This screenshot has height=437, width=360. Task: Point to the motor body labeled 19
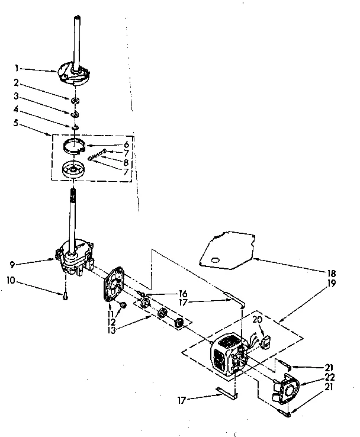click(228, 355)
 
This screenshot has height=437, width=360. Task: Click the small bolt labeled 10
click(65, 296)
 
